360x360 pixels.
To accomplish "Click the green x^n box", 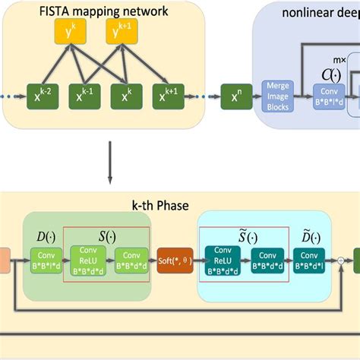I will coord(235,97).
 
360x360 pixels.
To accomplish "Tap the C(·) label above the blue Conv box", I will coord(329,74).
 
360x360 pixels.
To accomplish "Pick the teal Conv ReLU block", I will coord(221,261).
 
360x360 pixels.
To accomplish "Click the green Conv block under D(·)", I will coord(46,261).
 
